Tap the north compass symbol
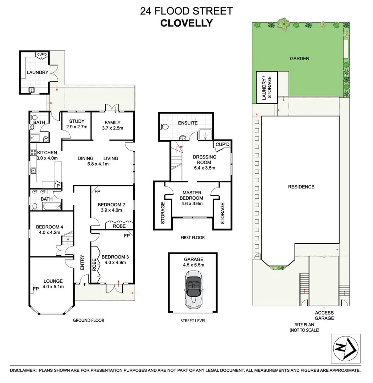pyautogui.click(x=346, y=349)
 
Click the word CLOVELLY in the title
pyautogui.click(x=186, y=23)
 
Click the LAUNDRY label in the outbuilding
pyautogui.click(x=37, y=72)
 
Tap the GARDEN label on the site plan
pyautogui.click(x=300, y=59)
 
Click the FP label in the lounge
pyautogui.click(x=36, y=289)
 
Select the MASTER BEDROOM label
pyautogui.click(x=191, y=195)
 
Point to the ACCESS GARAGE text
pyautogui.click(x=324, y=315)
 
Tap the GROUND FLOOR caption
pyautogui.click(x=89, y=320)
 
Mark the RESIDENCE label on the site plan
pyautogui.click(x=301, y=187)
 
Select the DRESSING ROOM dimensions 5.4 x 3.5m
pyautogui.click(x=204, y=168)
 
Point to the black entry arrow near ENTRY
pyautogui.click(x=84, y=283)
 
